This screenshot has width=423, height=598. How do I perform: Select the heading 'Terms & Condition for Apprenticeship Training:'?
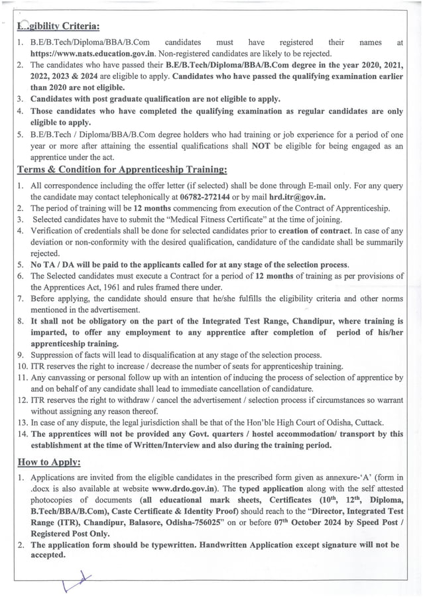[122, 170]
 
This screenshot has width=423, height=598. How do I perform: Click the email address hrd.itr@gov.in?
[298, 198]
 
